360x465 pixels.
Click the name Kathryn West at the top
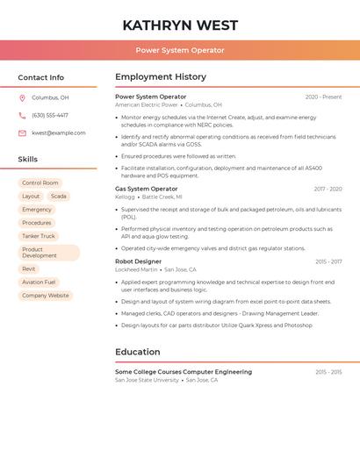pyautogui.click(x=180, y=25)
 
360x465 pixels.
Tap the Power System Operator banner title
pyautogui.click(x=180, y=51)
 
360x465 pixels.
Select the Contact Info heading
pyautogui.click(x=40, y=77)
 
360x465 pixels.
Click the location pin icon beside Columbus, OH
pyautogui.click(x=22, y=98)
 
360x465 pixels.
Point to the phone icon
pyautogui.click(x=22, y=116)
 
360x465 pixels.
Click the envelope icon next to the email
pyautogui.click(x=22, y=133)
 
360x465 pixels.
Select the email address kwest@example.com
pyautogui.click(x=58, y=133)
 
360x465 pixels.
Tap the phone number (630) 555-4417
pyautogui.click(x=49, y=116)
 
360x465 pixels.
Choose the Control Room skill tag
pyautogui.click(x=40, y=183)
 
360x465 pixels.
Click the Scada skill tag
pyautogui.click(x=58, y=197)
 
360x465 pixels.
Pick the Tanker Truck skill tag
pyautogui.click(x=38, y=236)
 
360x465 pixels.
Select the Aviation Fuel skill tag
pyautogui.click(x=39, y=283)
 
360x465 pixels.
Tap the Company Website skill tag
pyautogui.click(x=45, y=296)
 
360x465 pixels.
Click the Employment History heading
pyautogui.click(x=160, y=77)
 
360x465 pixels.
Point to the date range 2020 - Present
pyautogui.click(x=323, y=97)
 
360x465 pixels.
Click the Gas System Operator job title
pyautogui.click(x=146, y=189)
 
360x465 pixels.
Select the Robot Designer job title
pyautogui.click(x=138, y=261)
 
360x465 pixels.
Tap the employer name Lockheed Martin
pyautogui.click(x=136, y=270)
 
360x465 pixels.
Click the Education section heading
pyautogui.click(x=137, y=352)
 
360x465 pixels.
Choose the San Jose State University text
pyautogui.click(x=147, y=381)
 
